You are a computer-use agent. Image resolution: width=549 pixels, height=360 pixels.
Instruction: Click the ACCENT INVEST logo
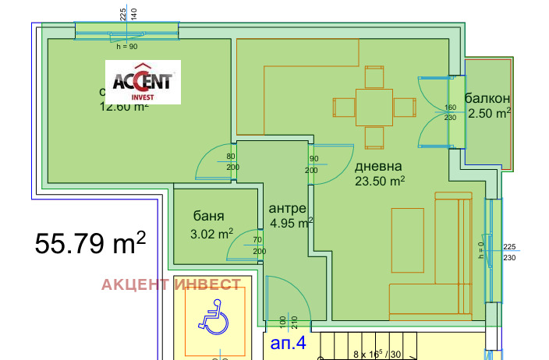pos(143,82)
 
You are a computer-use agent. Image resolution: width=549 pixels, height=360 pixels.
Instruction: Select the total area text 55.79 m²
pos(90,243)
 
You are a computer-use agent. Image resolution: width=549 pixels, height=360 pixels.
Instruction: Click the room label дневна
pos(378,167)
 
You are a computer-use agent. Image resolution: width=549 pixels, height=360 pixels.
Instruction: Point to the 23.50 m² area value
pos(380,182)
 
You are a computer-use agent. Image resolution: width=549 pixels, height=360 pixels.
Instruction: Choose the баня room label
pos(209,217)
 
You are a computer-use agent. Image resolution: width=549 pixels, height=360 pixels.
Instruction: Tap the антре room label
pos(287,209)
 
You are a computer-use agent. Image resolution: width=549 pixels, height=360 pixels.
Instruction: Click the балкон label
pos(487,98)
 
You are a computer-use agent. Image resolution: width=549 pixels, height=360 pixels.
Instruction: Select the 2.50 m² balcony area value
pos(489,114)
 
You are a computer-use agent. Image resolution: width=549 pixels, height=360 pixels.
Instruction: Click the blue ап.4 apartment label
pos(289,341)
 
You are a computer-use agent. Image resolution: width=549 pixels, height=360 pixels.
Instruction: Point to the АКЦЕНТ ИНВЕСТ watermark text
pos(171,284)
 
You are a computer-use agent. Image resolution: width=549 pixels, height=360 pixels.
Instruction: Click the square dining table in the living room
pos(374,108)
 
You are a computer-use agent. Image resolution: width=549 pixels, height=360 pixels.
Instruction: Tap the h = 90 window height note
pos(126,47)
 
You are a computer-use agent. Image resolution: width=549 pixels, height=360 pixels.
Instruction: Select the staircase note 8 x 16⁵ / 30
pos(378,355)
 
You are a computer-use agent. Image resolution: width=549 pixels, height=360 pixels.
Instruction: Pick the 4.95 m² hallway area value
pos(291,224)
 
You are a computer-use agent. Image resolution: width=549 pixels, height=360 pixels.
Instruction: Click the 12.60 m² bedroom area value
pos(123,108)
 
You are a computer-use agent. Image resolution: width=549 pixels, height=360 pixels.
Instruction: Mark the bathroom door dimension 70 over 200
pos(258,245)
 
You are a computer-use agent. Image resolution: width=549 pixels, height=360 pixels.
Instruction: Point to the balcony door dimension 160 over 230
pos(450,113)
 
